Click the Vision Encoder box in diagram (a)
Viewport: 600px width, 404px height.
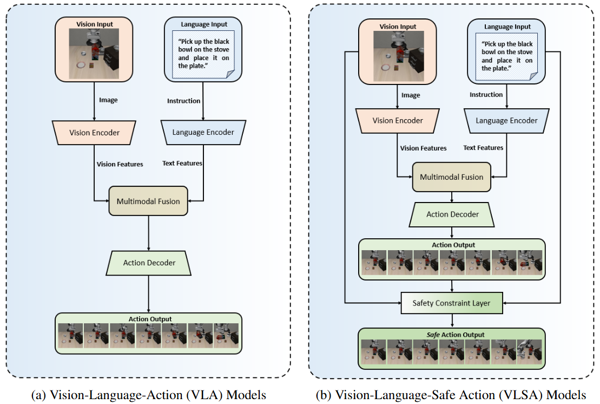94,132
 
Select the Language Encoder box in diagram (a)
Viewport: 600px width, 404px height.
203,132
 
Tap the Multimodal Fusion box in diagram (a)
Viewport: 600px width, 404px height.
148,201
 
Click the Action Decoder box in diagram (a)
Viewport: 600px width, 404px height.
149,263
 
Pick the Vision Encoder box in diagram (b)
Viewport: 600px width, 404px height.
398,120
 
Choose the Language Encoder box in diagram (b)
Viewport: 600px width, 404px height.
506,120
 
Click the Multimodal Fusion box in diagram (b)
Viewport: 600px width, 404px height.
452,177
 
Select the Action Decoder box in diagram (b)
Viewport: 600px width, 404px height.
452,214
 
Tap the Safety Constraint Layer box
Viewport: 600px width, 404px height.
452,303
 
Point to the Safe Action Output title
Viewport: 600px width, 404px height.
452,335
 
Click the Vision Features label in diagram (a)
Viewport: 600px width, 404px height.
120,164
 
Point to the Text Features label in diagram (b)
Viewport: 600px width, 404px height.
483,147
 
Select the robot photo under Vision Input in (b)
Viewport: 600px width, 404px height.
398,53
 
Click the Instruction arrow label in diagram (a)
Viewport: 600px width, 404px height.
183,101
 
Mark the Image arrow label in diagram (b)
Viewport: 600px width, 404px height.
411,95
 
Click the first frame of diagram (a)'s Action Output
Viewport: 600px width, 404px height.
70,335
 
